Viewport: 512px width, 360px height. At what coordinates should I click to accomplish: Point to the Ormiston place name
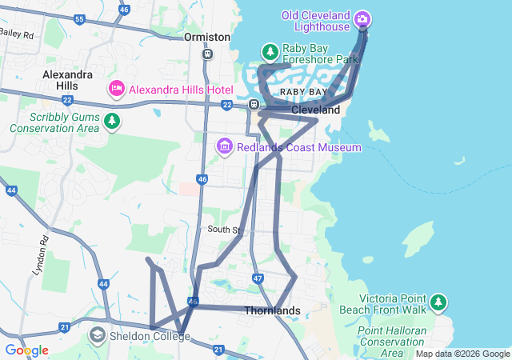tap(206, 37)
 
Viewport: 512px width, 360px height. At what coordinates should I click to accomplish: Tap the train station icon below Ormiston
tap(207, 54)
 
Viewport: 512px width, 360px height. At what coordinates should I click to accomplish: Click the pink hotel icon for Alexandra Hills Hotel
tap(115, 88)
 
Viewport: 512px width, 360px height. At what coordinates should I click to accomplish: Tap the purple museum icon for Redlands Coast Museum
tap(224, 146)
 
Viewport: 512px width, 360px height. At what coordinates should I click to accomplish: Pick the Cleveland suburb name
tap(315, 110)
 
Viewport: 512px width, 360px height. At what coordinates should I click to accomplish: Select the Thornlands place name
tap(272, 310)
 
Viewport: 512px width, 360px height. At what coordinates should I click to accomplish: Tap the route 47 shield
tap(257, 278)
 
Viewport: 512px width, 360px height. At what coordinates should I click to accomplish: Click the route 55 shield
tap(78, 18)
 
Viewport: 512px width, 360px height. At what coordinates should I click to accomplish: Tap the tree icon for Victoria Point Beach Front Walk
tap(438, 302)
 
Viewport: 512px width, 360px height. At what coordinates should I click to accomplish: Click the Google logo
tap(26, 350)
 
